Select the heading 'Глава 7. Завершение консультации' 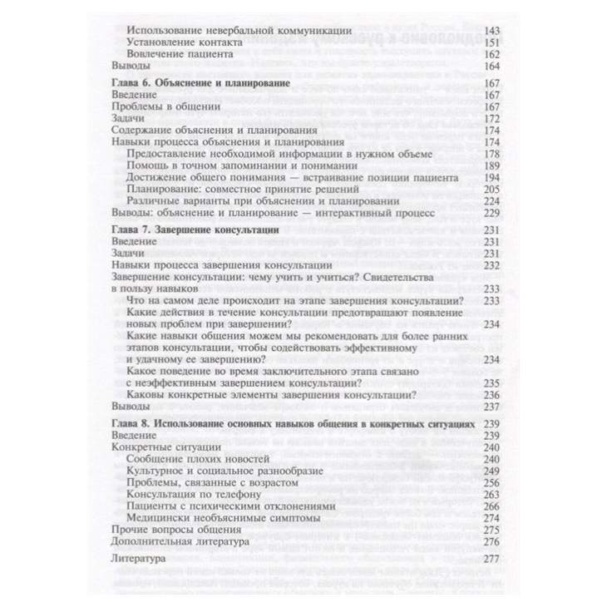tap(195, 229)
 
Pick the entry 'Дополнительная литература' tap(180, 541)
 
